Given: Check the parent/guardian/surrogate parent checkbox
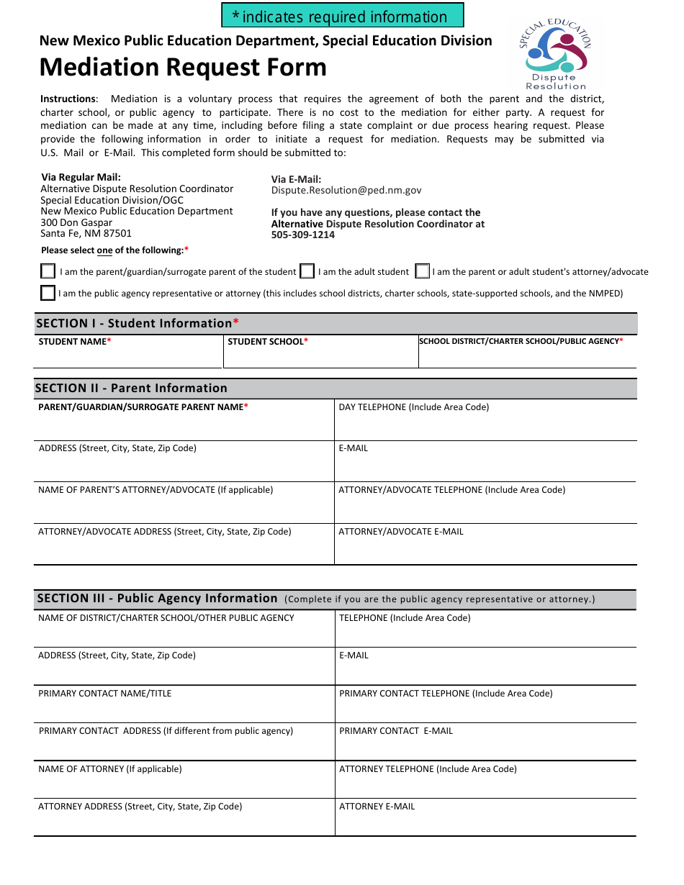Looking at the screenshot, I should [48, 271].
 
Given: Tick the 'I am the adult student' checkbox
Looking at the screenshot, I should [307, 271].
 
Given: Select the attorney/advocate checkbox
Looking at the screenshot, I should [423, 271].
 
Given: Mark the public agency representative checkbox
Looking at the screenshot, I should [48, 293].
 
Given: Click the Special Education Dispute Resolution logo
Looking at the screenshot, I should [554, 54].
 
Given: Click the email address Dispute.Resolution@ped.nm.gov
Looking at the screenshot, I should [346, 191].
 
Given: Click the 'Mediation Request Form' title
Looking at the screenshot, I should [183, 68].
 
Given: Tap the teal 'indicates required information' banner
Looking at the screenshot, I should [342, 16].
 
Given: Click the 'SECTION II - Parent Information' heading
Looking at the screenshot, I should [131, 389].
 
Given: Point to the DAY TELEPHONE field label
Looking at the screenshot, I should [413, 407].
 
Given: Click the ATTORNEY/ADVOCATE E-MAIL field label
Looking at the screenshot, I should [401, 532].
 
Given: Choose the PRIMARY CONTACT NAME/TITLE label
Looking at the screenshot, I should [104, 694].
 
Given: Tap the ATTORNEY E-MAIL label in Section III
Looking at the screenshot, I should [377, 807].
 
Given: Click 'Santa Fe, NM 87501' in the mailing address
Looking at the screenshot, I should [86, 234].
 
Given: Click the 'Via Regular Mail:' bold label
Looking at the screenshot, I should [81, 177].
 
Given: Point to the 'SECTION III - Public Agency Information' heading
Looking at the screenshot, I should [157, 599].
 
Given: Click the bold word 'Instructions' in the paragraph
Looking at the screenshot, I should [68, 99].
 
